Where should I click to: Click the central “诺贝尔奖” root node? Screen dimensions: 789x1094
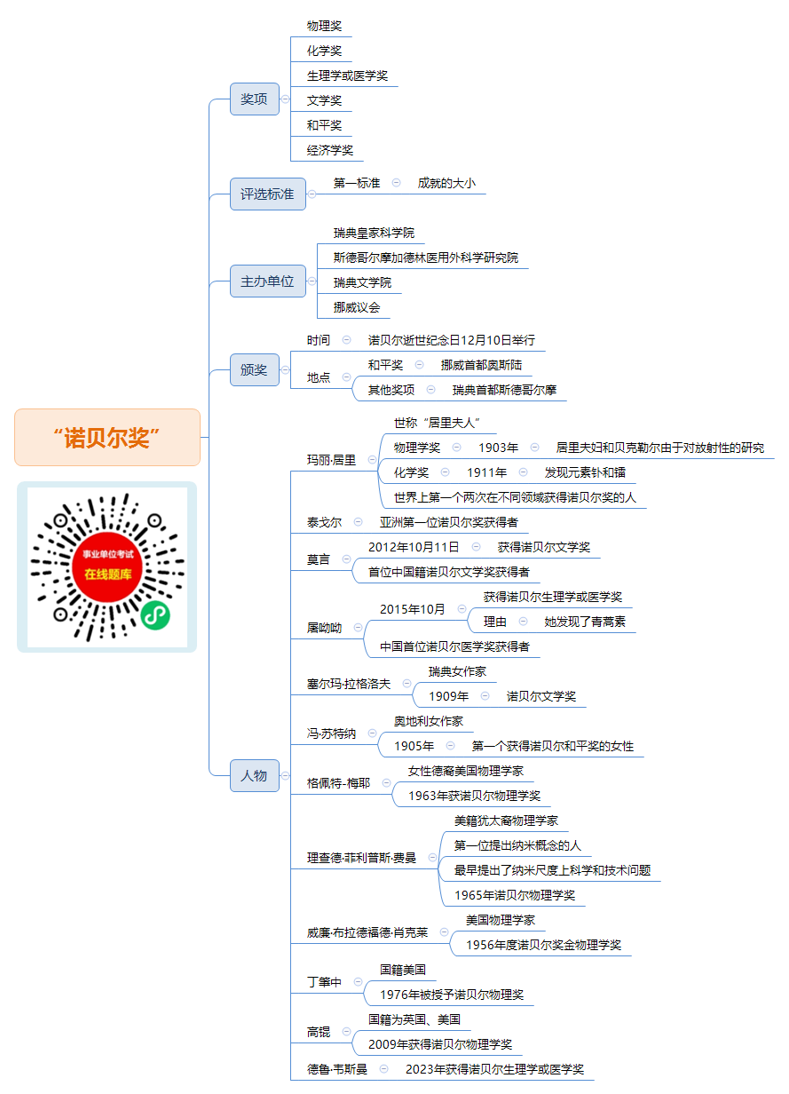coord(107,437)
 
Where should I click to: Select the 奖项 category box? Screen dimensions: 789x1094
coord(255,99)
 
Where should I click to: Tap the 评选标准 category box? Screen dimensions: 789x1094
coord(267,194)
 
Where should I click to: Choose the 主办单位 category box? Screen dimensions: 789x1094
coord(267,281)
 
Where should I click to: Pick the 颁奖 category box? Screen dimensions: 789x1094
coord(255,369)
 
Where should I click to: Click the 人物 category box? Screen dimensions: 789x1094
coord(255,775)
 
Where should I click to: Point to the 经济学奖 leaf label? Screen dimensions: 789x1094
coord(329,150)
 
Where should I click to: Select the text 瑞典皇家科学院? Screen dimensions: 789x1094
coord(374,233)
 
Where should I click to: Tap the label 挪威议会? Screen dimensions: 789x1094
coord(357,307)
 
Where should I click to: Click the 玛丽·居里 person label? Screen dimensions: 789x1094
coord(331,460)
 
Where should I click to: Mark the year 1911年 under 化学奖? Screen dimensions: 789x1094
coord(486,472)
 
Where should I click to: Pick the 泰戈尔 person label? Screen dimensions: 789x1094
coord(324,522)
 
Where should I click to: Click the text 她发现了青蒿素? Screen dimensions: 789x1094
coord(584,622)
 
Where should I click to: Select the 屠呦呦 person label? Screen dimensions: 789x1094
coord(324,628)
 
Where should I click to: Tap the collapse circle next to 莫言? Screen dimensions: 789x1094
coord(346,559)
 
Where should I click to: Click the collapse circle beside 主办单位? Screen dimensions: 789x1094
coord(312,281)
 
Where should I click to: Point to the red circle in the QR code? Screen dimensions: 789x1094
coord(107,567)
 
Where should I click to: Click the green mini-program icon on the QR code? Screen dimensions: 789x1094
coord(155,614)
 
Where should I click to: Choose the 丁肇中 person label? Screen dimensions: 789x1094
coord(324,982)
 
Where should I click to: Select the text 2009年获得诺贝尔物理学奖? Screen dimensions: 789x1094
coord(440,1044)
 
